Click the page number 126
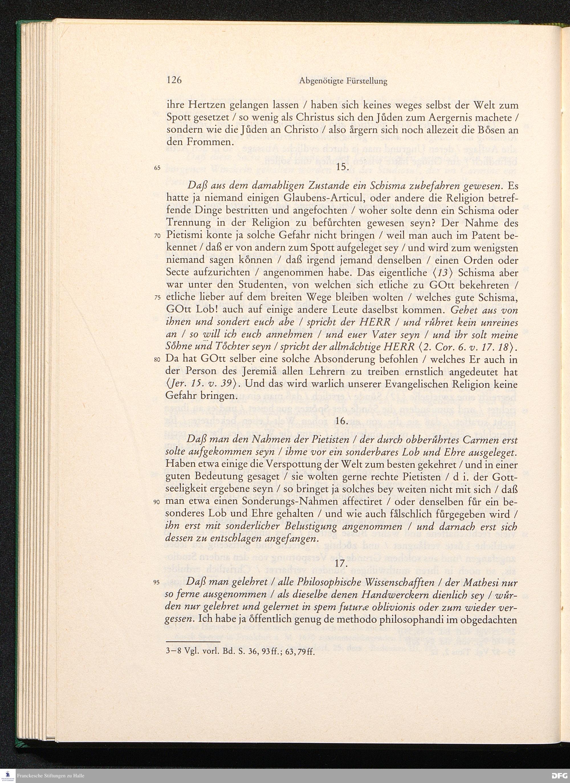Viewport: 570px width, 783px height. pyautogui.click(x=174, y=81)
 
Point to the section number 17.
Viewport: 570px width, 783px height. pyautogui.click(x=341, y=562)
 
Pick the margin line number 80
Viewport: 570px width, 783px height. pyautogui.click(x=158, y=360)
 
